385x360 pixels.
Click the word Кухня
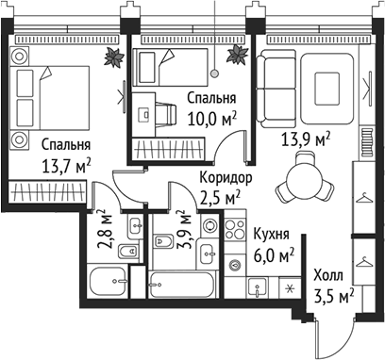(x=270, y=233)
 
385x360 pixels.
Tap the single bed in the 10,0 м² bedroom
(x=165, y=69)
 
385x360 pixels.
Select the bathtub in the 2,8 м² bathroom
(x=111, y=281)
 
